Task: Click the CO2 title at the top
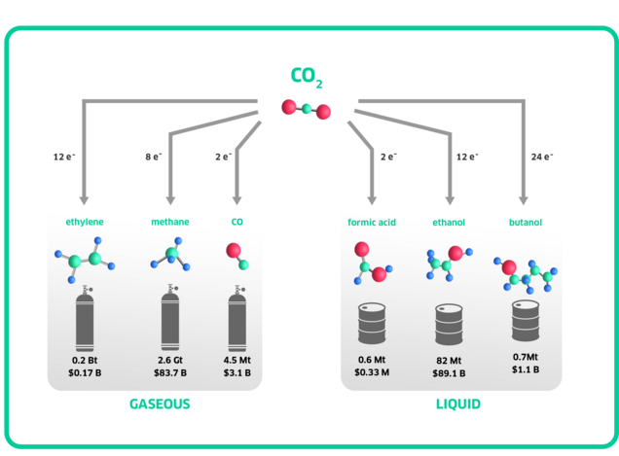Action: pyautogui.click(x=307, y=76)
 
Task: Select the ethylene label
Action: pyautogui.click(x=85, y=223)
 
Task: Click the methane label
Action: pyautogui.click(x=169, y=223)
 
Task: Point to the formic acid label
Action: pyautogui.click(x=371, y=223)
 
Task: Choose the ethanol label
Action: pyautogui.click(x=449, y=223)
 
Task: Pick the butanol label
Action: pyautogui.click(x=526, y=223)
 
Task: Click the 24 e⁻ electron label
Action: pyautogui.click(x=542, y=156)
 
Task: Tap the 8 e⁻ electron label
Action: pyautogui.click(x=154, y=156)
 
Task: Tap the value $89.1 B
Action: pyautogui.click(x=449, y=371)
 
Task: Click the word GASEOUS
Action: pyautogui.click(x=160, y=403)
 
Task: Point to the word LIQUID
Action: pyautogui.click(x=457, y=403)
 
